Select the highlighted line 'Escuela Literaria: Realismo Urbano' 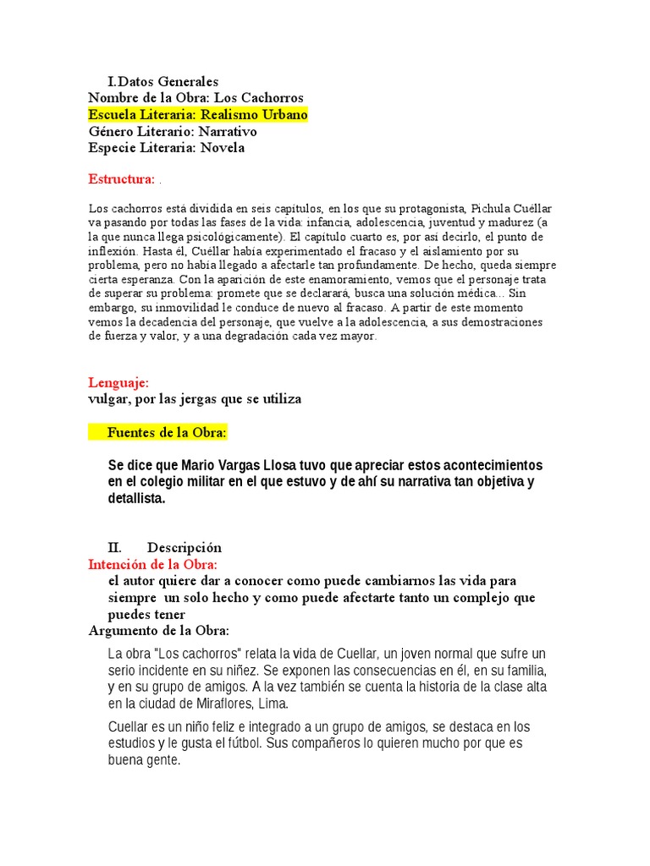point(198,115)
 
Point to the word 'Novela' point(223,148)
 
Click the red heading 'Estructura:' point(122,179)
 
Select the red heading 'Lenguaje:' point(118,382)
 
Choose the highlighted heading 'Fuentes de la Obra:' point(167,433)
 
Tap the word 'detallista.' point(137,499)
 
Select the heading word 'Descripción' point(185,548)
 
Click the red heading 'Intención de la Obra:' point(153,564)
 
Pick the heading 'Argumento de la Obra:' point(159,631)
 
